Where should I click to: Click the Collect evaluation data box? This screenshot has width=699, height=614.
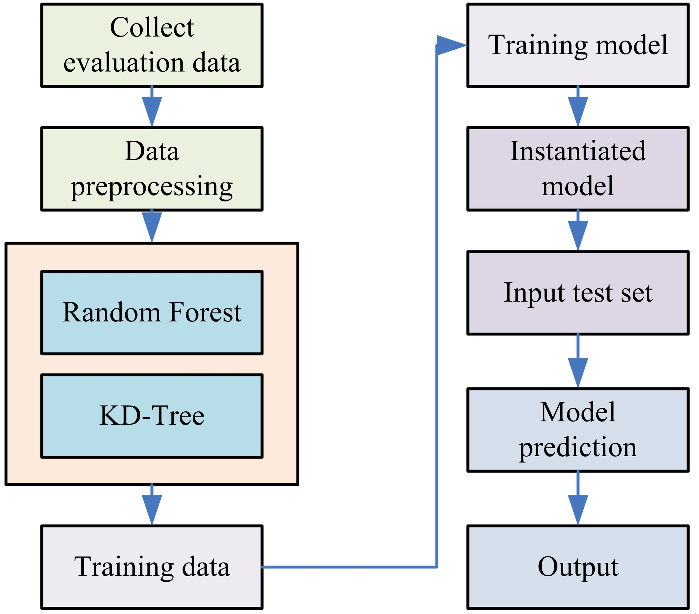[x=152, y=45]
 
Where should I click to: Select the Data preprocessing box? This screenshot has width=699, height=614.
[x=152, y=169]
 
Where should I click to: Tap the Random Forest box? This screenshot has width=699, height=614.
[x=152, y=313]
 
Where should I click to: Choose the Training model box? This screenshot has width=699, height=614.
[x=578, y=45]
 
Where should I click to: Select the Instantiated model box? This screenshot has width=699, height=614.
[x=578, y=169]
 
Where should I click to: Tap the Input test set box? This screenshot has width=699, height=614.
[x=578, y=293]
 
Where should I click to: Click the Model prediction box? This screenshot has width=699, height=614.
[x=578, y=430]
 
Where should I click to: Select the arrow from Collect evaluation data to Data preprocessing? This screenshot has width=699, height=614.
[x=152, y=107]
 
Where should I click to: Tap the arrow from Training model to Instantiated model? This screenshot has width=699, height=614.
[x=578, y=107]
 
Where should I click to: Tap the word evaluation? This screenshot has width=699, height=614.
[x=125, y=63]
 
